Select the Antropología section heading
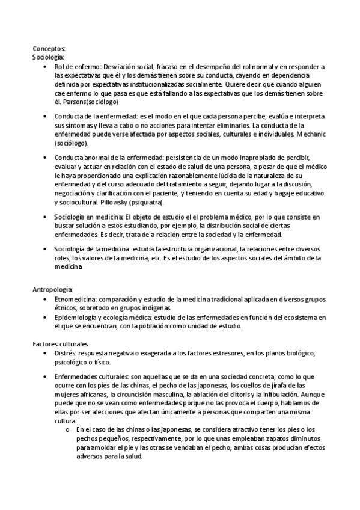(x=53, y=290)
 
